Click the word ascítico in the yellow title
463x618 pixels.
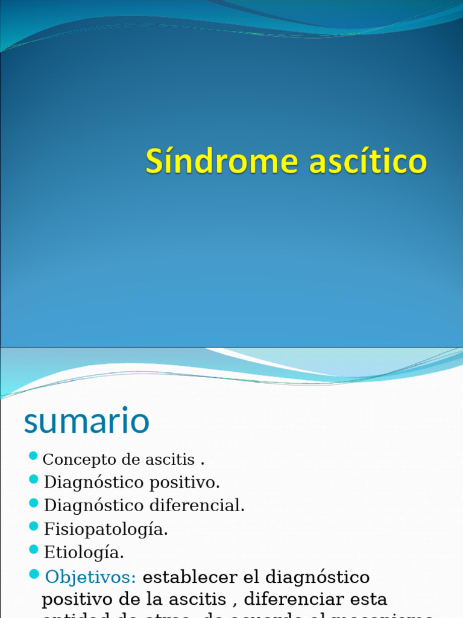click(368, 162)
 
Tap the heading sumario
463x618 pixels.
click(86, 421)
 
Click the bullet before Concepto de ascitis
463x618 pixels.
click(34, 456)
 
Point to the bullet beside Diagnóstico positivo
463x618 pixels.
click(34, 480)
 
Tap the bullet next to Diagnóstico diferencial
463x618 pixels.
click(34, 503)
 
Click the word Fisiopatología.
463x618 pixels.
click(106, 529)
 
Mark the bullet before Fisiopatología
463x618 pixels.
click(34, 526)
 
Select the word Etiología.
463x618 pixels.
click(84, 552)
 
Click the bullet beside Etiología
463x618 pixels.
click(34, 549)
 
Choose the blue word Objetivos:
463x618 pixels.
click(91, 577)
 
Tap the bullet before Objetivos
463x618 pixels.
click(34, 573)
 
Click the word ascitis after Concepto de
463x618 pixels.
click(170, 460)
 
